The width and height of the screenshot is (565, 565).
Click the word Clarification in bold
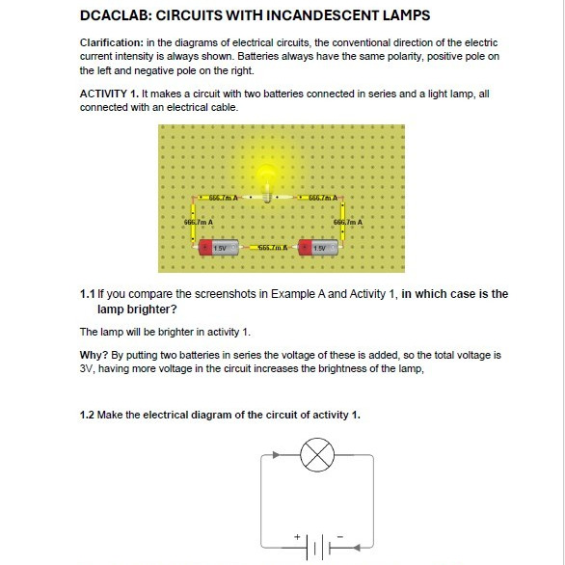point(112,42)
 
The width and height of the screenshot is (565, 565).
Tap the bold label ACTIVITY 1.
point(109,94)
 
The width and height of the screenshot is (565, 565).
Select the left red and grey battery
point(218,248)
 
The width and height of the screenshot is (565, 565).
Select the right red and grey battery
point(318,248)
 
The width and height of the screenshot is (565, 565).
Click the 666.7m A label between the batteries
point(273,248)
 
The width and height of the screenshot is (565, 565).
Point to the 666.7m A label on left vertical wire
point(199,223)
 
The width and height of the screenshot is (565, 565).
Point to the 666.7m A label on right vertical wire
point(348,223)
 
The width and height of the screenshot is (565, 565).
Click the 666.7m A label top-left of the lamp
point(223,198)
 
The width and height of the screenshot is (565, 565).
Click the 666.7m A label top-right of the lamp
point(323,198)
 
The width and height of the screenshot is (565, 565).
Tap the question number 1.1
point(87,294)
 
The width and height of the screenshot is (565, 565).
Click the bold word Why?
point(94,355)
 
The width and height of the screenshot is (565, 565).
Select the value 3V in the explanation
point(87,369)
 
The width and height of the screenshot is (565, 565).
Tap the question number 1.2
point(87,416)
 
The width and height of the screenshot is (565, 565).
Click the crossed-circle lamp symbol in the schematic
point(317,455)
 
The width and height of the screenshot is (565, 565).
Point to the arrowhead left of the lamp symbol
point(277,455)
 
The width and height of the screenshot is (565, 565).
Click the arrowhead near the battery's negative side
point(357,548)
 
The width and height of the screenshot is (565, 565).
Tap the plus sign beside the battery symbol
point(297,537)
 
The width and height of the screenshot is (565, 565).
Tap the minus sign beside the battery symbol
point(340,536)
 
